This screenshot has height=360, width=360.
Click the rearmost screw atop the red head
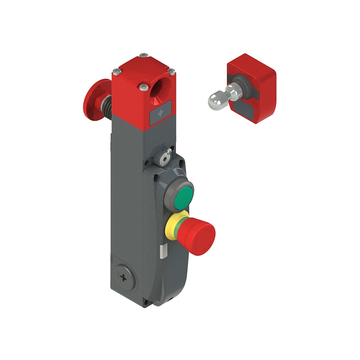tap(144, 55)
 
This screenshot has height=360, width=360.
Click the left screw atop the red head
tap(116, 71)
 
